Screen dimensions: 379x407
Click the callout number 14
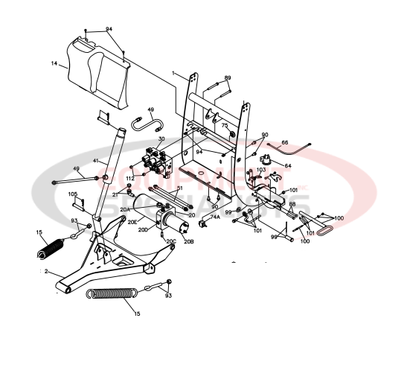(x=54, y=64)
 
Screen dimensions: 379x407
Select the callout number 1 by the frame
(x=173, y=74)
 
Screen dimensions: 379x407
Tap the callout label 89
(x=228, y=78)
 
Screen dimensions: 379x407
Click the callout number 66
(x=284, y=142)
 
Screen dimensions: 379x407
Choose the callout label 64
(x=288, y=166)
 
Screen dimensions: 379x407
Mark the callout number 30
(x=161, y=139)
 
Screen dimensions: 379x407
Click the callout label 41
(x=95, y=161)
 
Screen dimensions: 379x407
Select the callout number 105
(x=73, y=194)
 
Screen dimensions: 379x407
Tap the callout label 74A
(x=214, y=217)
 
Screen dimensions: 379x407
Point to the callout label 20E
(x=132, y=223)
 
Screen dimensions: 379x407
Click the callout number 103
(x=260, y=171)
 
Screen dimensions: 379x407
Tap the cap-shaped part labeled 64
(x=266, y=159)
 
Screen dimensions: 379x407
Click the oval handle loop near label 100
(x=325, y=232)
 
